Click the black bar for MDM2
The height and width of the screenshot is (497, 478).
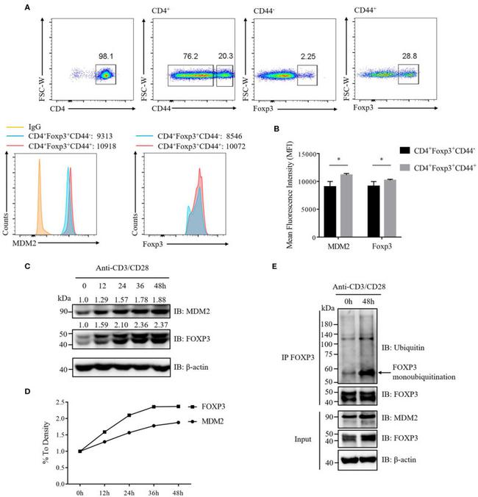[x=333, y=209]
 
